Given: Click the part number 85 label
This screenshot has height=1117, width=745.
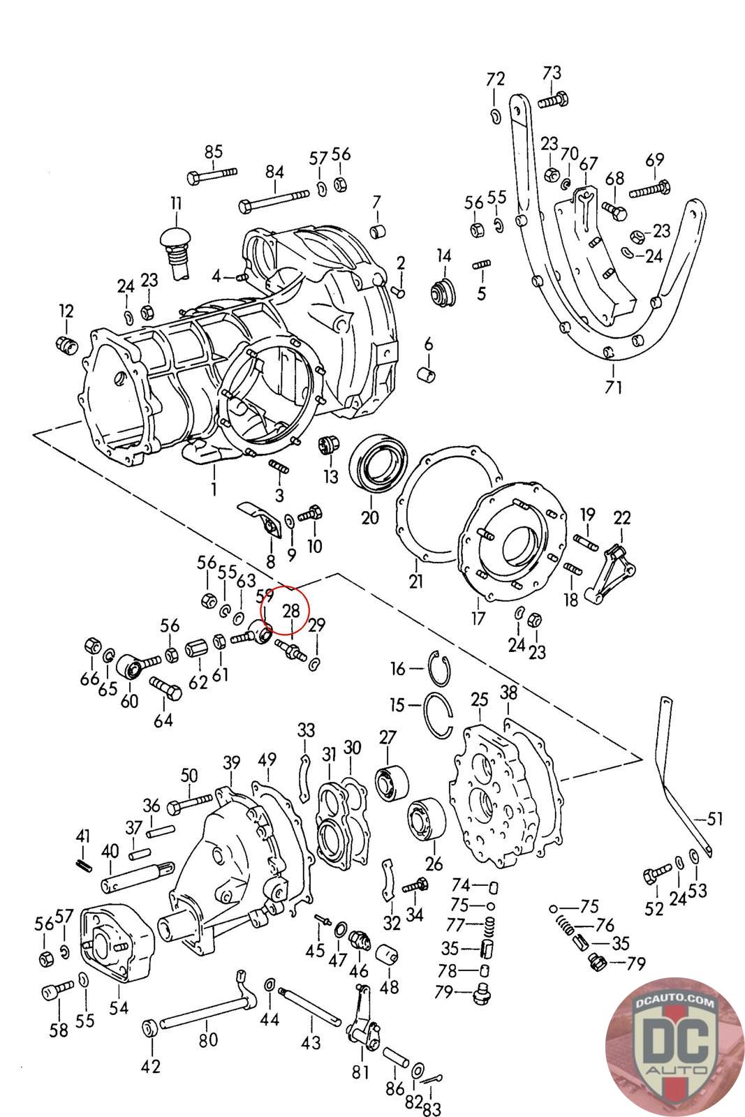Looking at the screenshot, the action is (x=214, y=151).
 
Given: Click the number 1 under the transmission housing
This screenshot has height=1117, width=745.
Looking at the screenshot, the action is (x=214, y=488).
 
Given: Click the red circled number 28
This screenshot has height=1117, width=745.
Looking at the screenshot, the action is (x=291, y=610).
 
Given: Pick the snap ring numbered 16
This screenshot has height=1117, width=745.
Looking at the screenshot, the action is (x=439, y=667).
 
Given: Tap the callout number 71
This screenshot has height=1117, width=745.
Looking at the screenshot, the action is (x=613, y=387).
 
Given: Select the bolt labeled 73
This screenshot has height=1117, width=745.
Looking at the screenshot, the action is (x=554, y=101).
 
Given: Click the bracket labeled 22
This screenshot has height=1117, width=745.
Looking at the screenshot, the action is (x=610, y=574).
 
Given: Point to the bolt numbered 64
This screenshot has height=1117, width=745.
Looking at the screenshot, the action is (x=165, y=688).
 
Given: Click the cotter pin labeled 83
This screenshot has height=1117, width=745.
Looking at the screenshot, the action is (x=430, y=1079).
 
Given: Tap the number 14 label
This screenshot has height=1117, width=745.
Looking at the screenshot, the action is (x=444, y=256).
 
